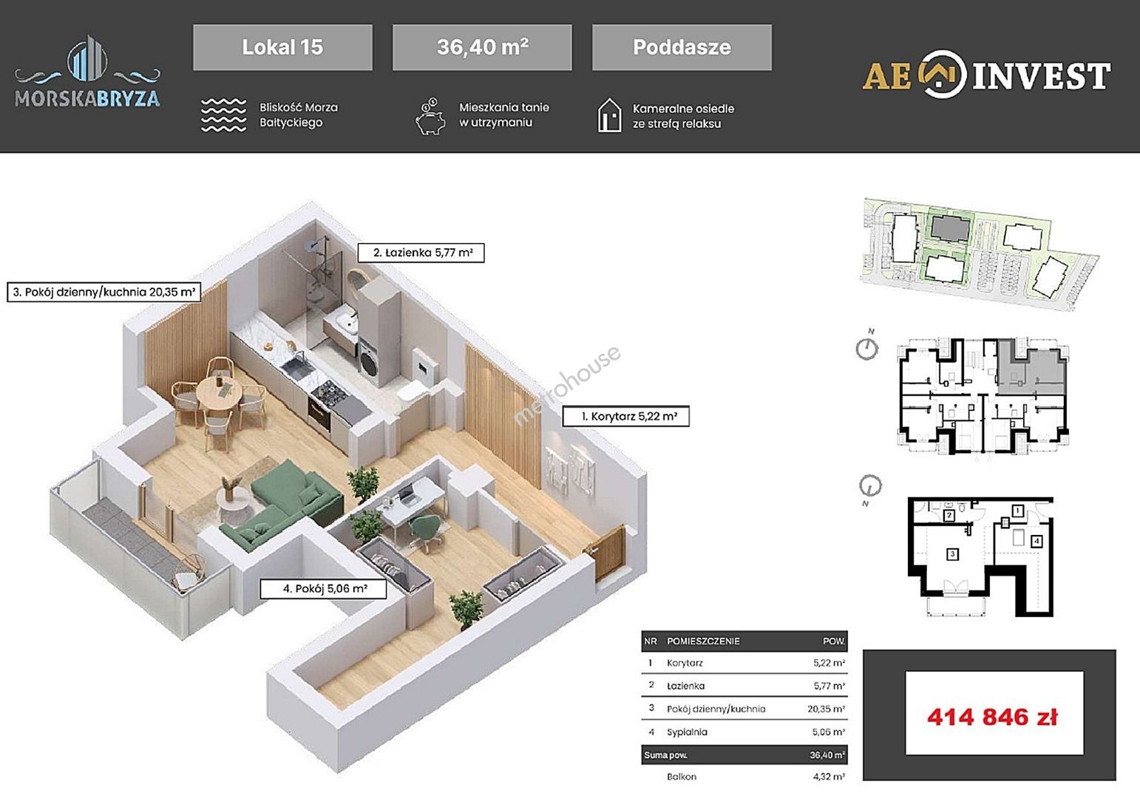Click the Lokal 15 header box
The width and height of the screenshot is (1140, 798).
[282, 47]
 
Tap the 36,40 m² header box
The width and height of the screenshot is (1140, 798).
[482, 47]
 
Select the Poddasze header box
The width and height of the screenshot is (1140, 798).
[682, 47]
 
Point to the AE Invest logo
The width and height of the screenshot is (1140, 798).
[986, 74]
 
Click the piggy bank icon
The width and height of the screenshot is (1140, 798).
[430, 117]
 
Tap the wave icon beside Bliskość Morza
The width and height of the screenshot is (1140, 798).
[223, 115]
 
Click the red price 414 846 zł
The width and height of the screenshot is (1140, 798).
[992, 717]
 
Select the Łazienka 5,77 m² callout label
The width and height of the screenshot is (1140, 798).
[421, 252]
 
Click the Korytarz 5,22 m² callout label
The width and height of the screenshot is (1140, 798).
[626, 416]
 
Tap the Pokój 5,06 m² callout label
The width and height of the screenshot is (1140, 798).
[323, 589]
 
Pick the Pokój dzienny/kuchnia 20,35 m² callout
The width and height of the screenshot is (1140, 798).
[104, 292]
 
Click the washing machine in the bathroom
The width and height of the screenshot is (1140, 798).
[368, 361]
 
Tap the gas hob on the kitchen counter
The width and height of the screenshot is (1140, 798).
[329, 392]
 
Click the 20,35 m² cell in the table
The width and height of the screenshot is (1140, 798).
[826, 709]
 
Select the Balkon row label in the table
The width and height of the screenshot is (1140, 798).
[682, 777]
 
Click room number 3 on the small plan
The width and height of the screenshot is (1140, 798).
[952, 554]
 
